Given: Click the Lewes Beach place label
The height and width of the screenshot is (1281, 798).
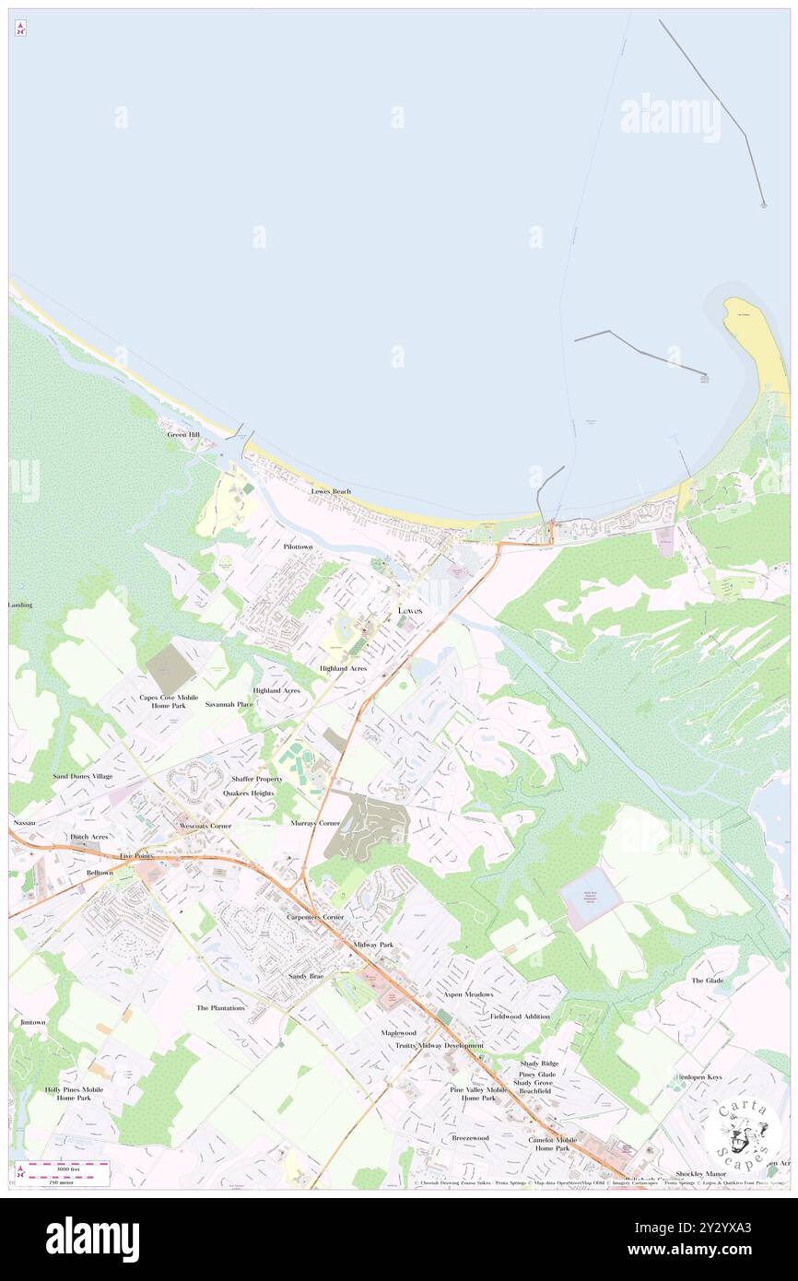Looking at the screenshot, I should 330,492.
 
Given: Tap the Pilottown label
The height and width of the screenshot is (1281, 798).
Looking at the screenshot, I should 298,546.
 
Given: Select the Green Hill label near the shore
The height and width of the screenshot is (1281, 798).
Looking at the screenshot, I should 183,434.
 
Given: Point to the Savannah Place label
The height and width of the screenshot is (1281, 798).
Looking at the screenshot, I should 229,704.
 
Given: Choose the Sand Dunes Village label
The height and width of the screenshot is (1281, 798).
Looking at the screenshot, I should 82,777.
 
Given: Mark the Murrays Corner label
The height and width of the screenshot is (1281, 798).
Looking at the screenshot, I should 315,822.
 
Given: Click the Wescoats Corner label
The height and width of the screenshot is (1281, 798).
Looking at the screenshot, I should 205,826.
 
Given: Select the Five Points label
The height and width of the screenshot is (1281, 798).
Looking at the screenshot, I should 135,856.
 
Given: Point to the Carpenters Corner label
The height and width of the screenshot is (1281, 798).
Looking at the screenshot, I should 315,918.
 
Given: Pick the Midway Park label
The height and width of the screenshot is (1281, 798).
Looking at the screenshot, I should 373,945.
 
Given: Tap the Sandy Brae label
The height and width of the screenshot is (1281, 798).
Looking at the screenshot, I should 306,975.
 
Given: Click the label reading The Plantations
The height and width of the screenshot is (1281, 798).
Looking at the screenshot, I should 220,1008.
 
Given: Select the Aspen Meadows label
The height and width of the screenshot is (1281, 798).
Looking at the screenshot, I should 468,995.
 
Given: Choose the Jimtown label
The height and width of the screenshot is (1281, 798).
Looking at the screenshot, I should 32,1023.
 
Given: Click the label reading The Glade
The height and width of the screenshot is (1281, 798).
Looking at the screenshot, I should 708,981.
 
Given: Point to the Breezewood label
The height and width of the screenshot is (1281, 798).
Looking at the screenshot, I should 470,1138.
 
